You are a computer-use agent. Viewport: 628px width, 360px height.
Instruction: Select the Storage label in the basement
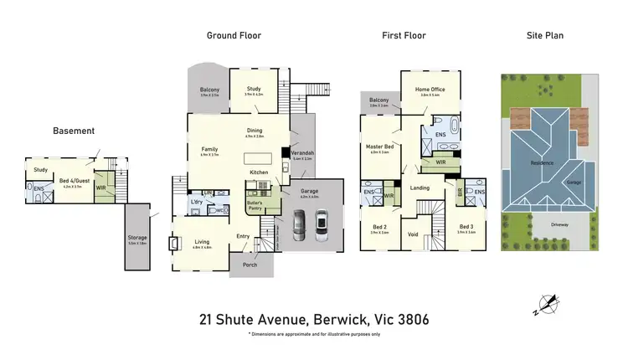tap(137, 238)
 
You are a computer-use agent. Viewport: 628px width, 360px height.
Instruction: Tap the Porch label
tap(250, 265)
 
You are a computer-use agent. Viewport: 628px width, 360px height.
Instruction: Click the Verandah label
tap(302, 153)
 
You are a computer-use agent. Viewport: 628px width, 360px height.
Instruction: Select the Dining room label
tap(255, 131)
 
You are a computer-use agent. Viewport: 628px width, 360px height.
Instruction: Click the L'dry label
tap(198, 202)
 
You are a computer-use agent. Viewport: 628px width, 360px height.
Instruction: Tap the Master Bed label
tap(379, 147)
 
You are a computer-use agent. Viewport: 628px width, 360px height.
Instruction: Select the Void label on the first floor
tap(413, 235)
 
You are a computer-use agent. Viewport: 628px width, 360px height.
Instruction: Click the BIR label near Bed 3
tap(460, 192)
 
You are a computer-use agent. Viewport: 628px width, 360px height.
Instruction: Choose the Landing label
tap(420, 188)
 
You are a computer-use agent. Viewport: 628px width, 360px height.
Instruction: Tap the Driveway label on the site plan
tap(559, 224)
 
